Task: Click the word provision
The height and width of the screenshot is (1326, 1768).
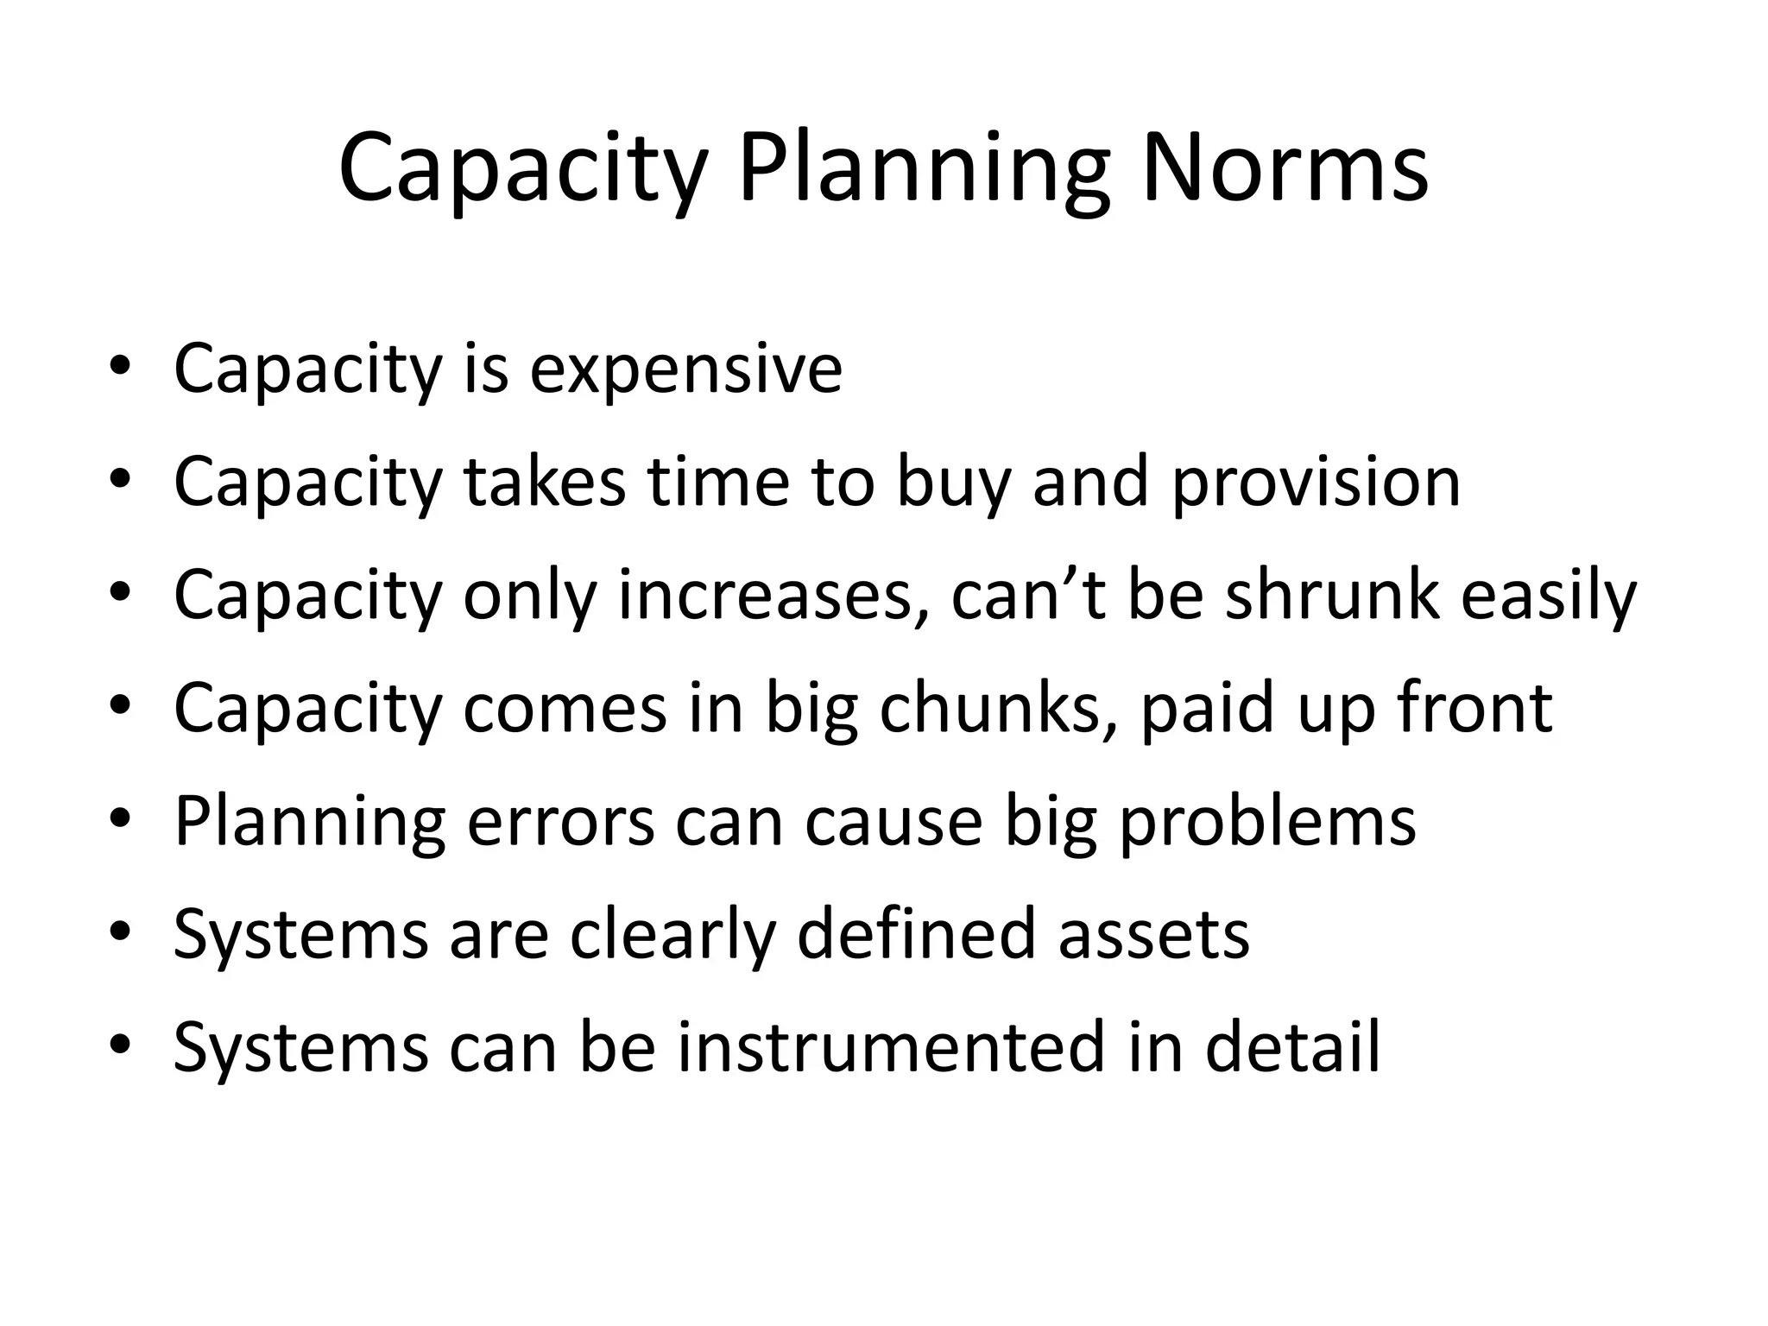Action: tap(1316, 484)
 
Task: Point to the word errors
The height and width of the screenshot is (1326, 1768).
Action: tap(560, 821)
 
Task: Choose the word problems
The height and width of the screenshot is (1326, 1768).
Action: tap(1267, 821)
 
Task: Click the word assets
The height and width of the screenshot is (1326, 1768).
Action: tap(1153, 934)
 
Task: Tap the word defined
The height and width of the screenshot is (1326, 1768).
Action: tap(914, 934)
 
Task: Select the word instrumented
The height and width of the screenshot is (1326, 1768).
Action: tap(890, 1047)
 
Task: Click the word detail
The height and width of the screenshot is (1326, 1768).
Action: tap(1292, 1047)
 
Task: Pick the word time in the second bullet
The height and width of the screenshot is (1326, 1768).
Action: tap(717, 483)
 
